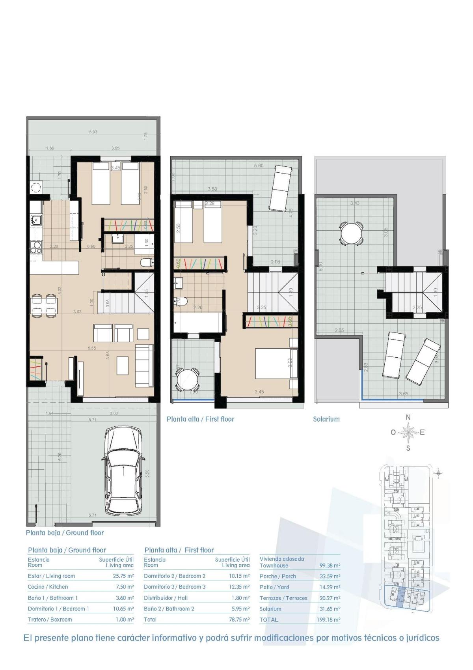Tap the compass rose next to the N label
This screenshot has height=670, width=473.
[408, 433]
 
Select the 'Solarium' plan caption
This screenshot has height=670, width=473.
[326, 419]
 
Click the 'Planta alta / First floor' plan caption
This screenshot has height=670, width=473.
[200, 419]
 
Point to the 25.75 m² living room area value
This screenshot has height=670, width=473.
[123, 576]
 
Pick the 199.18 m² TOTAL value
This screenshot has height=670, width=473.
[328, 620]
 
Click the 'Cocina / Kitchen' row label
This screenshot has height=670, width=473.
[48, 587]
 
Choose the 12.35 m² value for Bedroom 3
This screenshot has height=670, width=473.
[239, 587]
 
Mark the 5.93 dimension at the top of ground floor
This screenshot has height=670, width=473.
[93, 132]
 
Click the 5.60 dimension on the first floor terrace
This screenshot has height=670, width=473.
[259, 166]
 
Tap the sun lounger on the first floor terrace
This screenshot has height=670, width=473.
[280, 188]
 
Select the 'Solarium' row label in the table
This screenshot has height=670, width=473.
[270, 609]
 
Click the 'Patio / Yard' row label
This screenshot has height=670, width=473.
[274, 587]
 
